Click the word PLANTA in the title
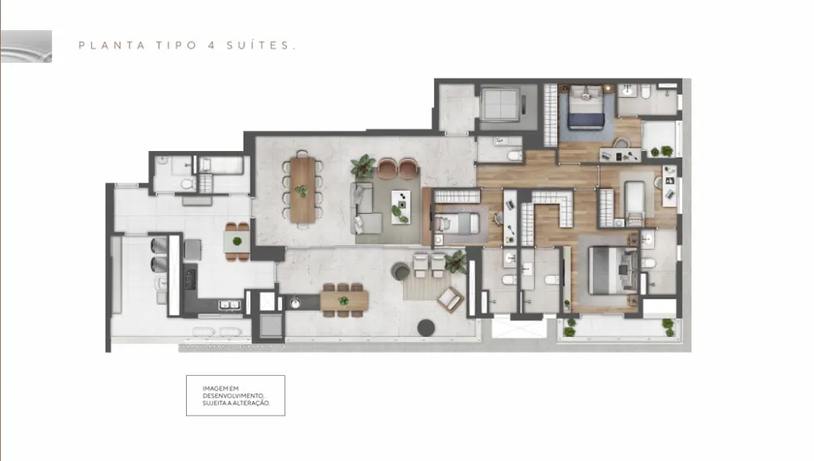coord(111,45)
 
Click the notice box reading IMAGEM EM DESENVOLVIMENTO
coord(235,396)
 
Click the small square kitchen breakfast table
coord(237,242)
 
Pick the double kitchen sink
coord(229,304)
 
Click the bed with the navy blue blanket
coord(586,108)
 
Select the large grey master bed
coord(613,270)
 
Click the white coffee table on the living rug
coord(401,207)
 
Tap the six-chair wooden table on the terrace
coord(343,300)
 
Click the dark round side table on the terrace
coord(426,327)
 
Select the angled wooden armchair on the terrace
coord(451,300)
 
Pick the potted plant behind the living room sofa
coord(362,166)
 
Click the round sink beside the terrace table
coord(295,303)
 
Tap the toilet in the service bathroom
coord(188,184)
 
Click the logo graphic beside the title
coord(26,46)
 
